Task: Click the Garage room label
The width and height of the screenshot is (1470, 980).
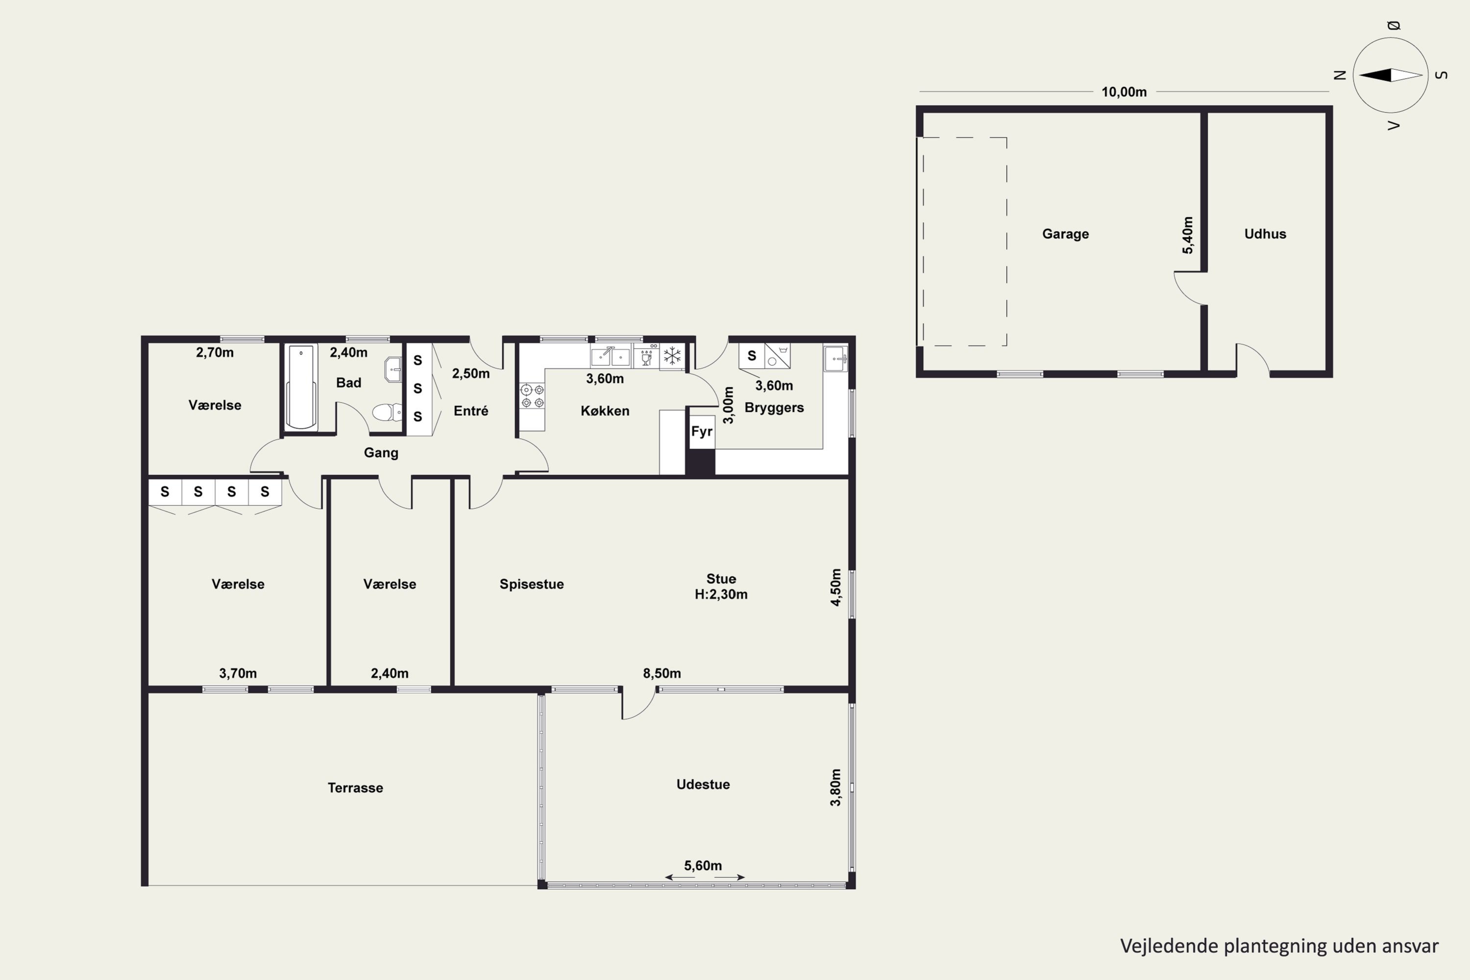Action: (x=1065, y=234)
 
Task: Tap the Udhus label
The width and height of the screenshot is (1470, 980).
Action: (x=1265, y=234)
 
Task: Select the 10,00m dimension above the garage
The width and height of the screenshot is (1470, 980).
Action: (x=1124, y=92)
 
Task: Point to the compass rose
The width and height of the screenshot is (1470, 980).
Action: (x=1391, y=75)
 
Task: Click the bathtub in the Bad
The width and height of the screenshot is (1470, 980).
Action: (x=301, y=387)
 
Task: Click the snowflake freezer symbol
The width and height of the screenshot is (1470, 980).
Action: (x=672, y=357)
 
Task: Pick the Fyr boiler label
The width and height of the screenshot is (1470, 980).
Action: (x=702, y=431)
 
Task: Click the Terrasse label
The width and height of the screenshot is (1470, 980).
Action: (x=355, y=787)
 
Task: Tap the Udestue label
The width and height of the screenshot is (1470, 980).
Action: (x=703, y=784)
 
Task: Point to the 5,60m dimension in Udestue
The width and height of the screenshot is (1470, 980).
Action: (x=703, y=866)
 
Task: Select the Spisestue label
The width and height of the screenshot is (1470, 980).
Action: (x=531, y=584)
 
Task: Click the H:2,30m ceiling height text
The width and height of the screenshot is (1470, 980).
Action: (x=721, y=594)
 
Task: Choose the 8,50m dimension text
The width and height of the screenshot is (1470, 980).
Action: (x=662, y=673)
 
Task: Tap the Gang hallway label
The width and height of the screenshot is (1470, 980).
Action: (x=381, y=452)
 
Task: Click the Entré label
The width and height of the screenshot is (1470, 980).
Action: (x=470, y=411)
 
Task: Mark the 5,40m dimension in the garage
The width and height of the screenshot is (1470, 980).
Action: (x=1187, y=235)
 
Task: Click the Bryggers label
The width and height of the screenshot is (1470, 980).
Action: (x=774, y=408)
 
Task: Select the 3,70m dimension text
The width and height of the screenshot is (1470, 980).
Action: (x=238, y=673)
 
